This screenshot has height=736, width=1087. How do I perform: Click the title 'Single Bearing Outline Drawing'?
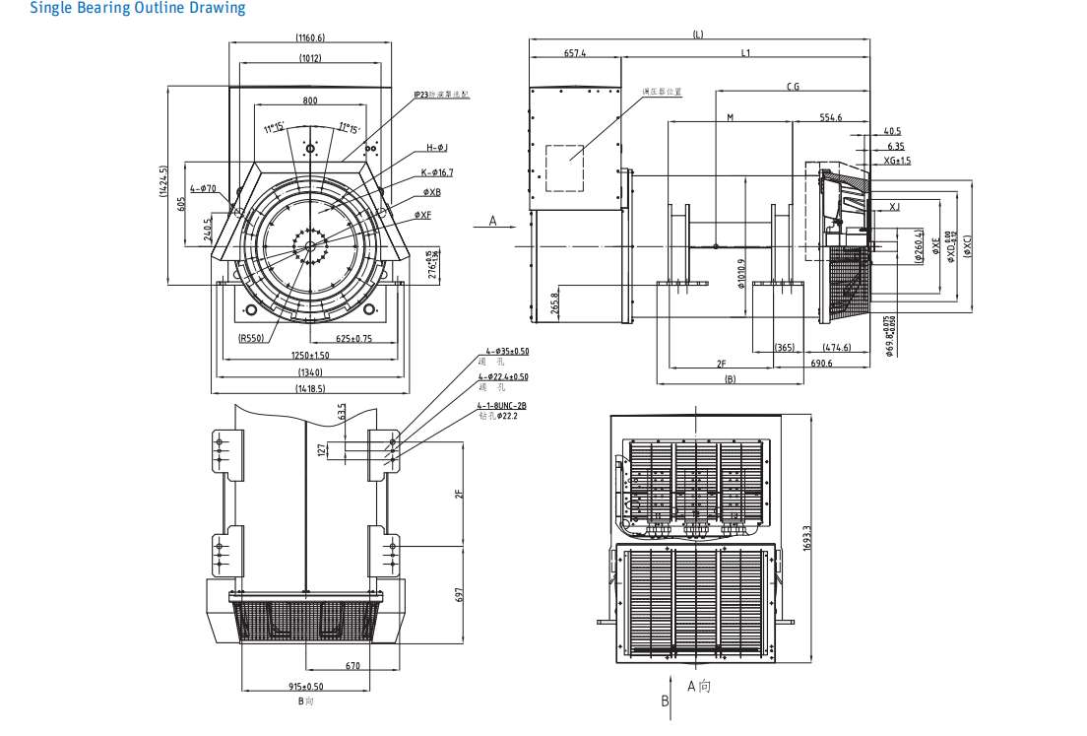pos(138,9)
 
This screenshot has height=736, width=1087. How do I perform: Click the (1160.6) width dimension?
pos(310,37)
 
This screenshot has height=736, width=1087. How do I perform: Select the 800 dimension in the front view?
pos(310,100)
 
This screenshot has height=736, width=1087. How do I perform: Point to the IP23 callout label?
pos(442,95)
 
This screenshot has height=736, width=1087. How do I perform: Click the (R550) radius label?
pos(253,338)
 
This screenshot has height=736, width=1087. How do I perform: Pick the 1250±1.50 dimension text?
pos(310,356)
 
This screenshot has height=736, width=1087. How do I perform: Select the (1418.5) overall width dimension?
pos(310,388)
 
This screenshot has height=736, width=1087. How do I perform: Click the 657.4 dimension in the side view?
pos(575,53)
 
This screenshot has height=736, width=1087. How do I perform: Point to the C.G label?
pos(793,87)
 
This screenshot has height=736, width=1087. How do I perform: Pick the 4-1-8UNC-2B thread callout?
pos(502,405)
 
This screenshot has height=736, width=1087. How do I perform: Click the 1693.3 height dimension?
pos(807,537)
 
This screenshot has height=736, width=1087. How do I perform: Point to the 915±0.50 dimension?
pos(306,687)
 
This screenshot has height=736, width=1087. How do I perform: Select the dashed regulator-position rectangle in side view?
pos(564,167)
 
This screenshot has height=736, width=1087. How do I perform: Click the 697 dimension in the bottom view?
pos(459,595)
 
